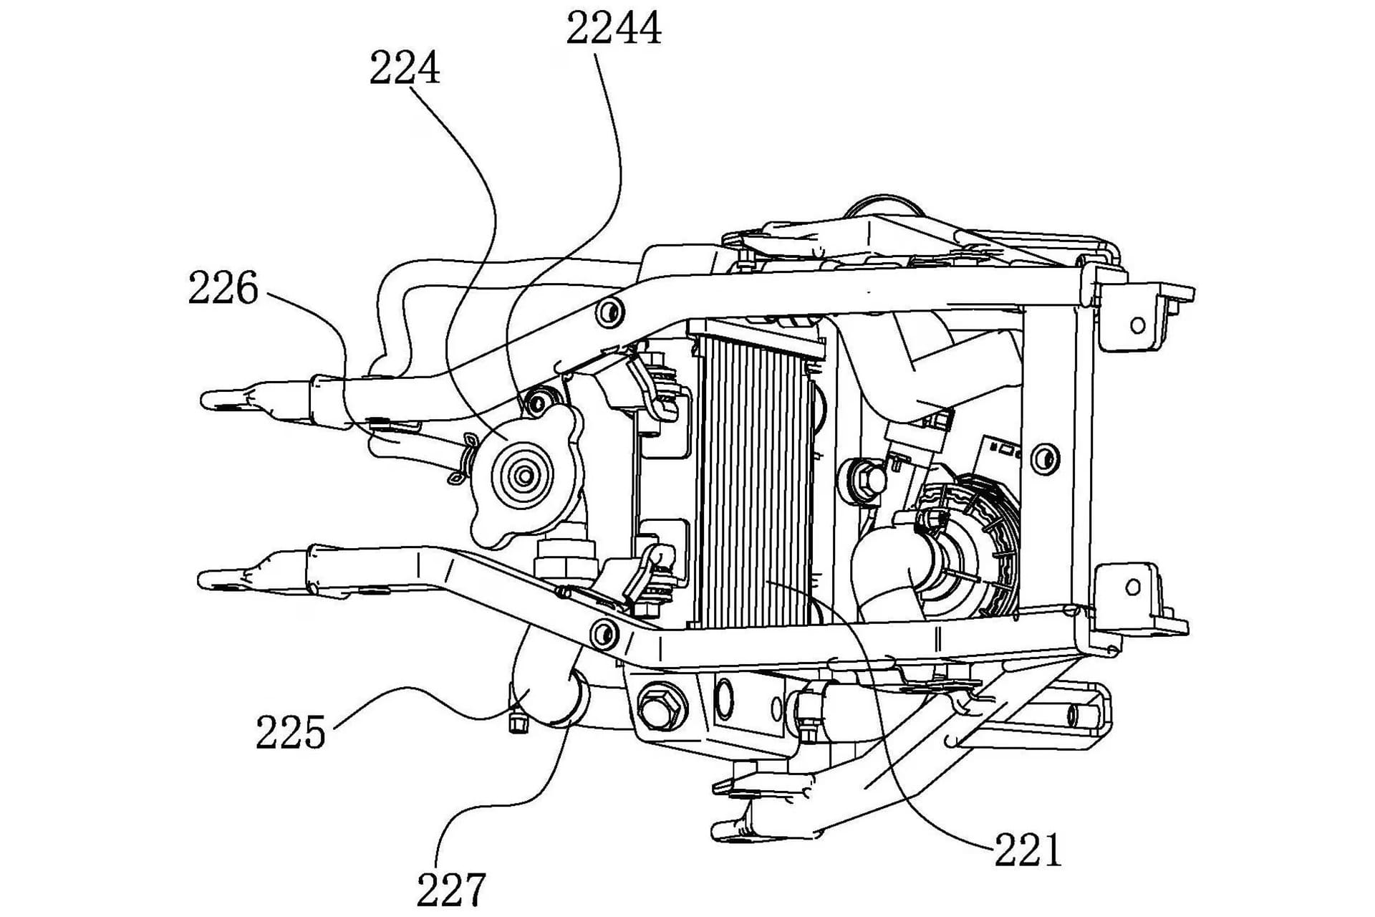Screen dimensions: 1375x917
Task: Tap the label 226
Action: point(223,289)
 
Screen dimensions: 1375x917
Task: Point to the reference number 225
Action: point(290,732)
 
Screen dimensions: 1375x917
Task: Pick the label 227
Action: point(451,889)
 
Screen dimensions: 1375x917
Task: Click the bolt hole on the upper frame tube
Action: point(609,312)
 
